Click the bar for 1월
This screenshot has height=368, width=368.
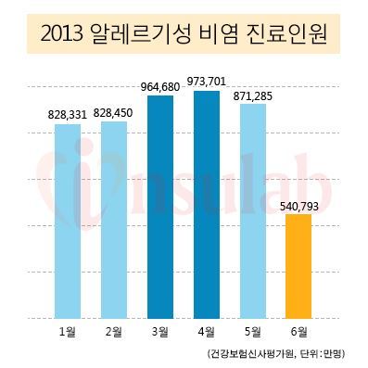(68, 222)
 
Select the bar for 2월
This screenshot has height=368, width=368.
(114, 220)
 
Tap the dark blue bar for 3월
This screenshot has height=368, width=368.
(160, 207)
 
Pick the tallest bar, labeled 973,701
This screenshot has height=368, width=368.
(207, 205)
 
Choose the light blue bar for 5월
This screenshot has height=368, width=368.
(253, 211)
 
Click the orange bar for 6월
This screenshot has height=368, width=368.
(298, 266)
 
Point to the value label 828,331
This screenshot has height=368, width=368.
(67, 116)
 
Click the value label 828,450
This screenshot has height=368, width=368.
(113, 113)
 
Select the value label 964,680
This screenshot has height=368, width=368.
(160, 87)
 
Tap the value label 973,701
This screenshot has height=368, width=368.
(207, 82)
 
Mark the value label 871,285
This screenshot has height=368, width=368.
(253, 96)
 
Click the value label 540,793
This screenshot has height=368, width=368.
(298, 207)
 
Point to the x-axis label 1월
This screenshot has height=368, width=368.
(68, 332)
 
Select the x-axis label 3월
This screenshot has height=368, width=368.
(160, 332)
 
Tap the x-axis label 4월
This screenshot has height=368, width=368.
(207, 332)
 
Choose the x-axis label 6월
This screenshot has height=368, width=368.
(298, 332)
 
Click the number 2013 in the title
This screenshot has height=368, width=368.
(61, 35)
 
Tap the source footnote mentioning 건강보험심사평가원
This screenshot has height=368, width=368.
(275, 353)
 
